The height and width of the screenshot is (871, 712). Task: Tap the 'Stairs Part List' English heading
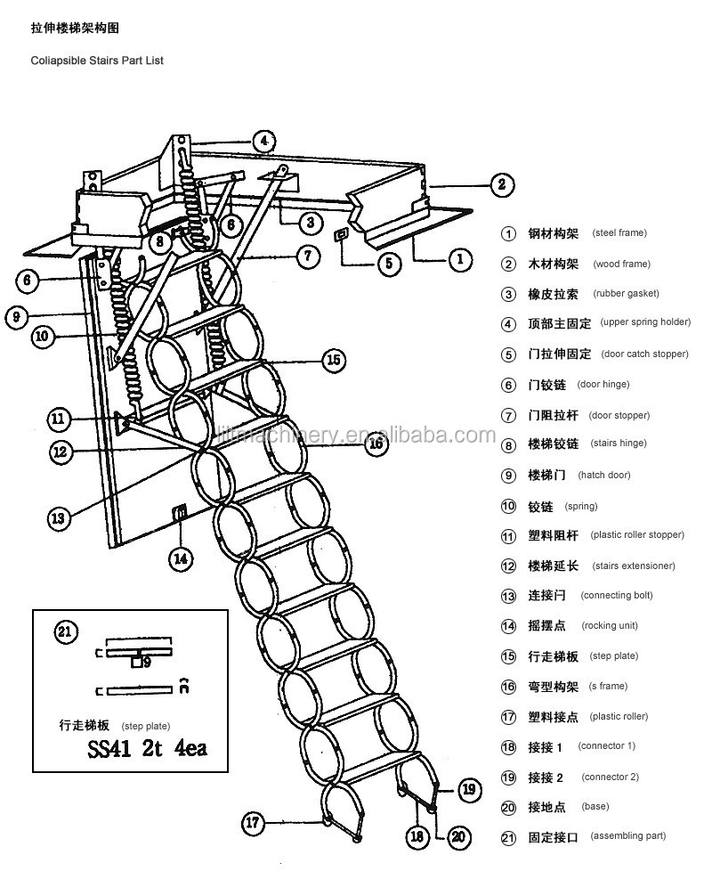pos(93,61)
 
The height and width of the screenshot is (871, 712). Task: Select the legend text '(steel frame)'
pos(619,233)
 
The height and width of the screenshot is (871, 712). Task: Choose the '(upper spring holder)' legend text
pos(645,322)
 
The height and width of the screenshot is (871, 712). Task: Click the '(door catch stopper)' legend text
pos(644,354)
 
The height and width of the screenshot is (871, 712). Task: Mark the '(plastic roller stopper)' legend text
pos(637,535)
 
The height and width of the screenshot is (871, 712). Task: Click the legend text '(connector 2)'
pos(610,777)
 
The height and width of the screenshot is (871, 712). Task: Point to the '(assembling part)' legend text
pos(628,836)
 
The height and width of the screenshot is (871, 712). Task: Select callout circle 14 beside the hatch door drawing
pos(181,559)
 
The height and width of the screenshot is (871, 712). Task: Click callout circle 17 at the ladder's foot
pos(255,823)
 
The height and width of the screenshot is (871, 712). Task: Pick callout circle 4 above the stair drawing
pos(263,141)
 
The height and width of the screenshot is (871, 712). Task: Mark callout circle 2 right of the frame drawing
pos(502,185)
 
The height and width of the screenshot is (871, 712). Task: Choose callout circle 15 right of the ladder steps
pos(334,361)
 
